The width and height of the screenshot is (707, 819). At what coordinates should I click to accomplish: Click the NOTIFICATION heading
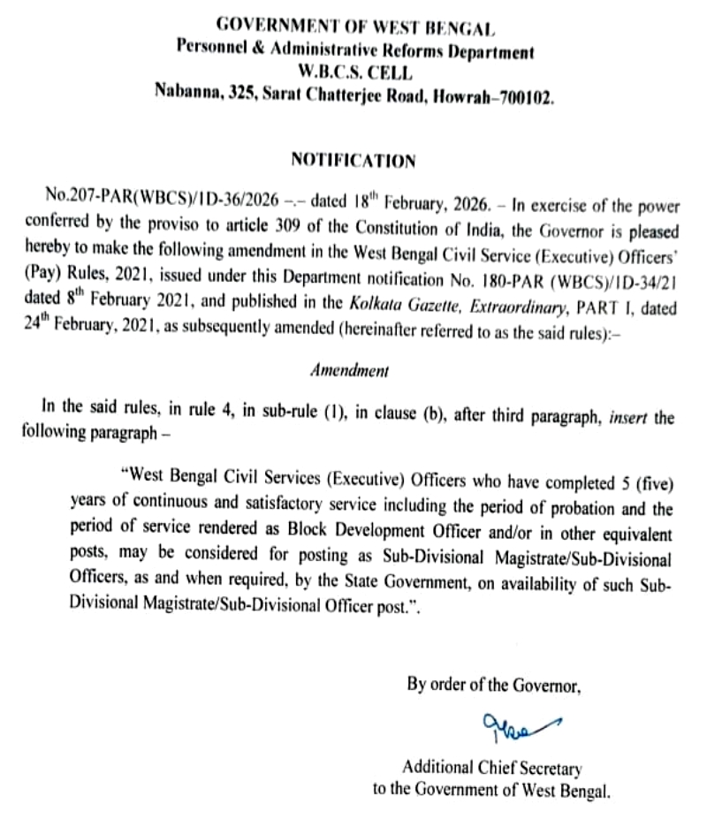[353, 161]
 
